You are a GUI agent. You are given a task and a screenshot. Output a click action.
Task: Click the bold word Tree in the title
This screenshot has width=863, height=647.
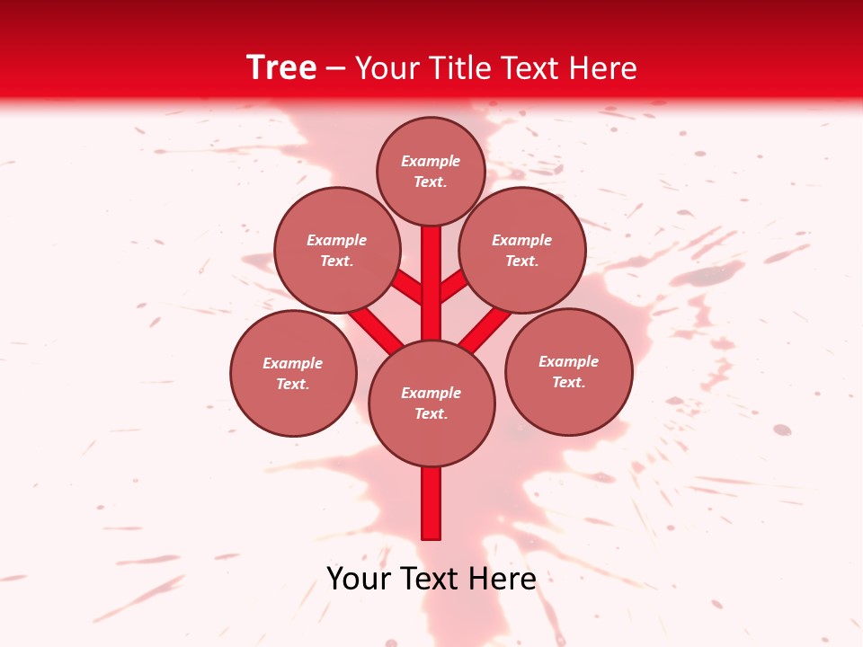pyautogui.click(x=280, y=67)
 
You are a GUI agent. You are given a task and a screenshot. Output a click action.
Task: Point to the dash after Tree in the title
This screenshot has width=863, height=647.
pyautogui.click(x=336, y=69)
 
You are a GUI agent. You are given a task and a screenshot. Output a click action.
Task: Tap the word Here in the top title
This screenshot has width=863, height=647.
pyautogui.click(x=605, y=68)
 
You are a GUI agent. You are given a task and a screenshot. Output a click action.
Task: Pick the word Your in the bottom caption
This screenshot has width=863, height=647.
pyautogui.click(x=360, y=579)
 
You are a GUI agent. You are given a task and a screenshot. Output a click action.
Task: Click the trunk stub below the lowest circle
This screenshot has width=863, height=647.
pyautogui.click(x=431, y=503)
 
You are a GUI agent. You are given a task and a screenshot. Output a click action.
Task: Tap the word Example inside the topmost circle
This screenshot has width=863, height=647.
pyautogui.click(x=431, y=161)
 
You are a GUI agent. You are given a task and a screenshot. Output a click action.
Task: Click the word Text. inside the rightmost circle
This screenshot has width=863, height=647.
pyautogui.click(x=568, y=382)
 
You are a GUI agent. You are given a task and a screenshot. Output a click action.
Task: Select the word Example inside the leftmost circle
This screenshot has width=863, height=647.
pyautogui.click(x=292, y=363)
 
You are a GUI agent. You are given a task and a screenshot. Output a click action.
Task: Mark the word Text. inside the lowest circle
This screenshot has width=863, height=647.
pyautogui.click(x=431, y=413)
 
